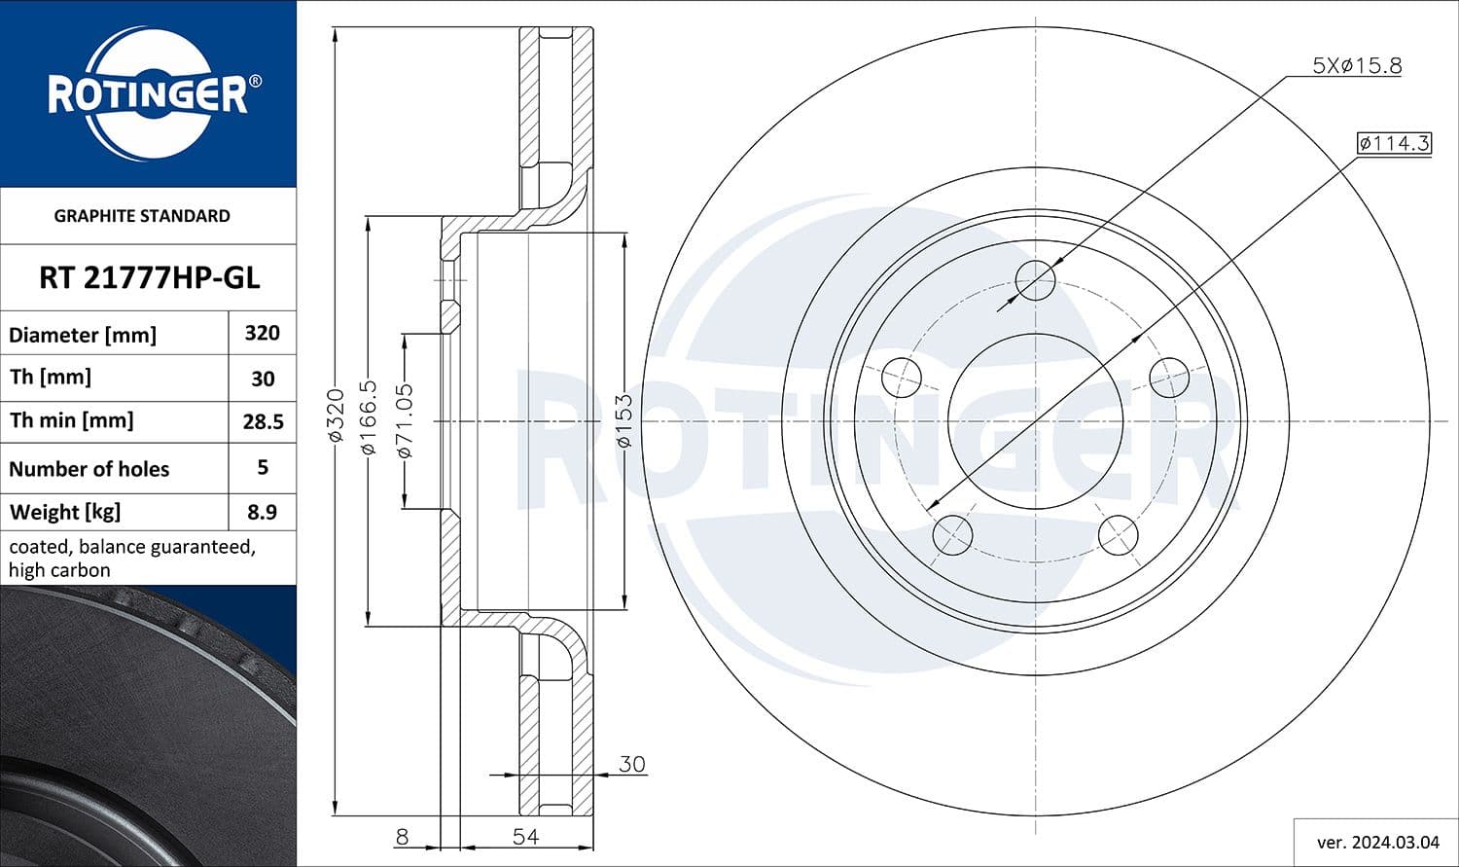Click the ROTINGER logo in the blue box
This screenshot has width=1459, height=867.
148,94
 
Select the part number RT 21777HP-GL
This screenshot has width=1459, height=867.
149,278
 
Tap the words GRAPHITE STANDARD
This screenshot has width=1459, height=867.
142,216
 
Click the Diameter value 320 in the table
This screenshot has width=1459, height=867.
262,334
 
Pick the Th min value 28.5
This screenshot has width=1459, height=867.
262,421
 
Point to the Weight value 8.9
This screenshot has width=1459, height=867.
262,512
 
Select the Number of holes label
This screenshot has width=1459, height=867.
89,469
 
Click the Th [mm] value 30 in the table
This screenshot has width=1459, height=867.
262,379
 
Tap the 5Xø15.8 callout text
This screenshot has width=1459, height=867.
1356,66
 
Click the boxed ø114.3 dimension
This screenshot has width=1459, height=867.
1394,143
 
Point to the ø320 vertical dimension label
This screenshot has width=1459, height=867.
336,415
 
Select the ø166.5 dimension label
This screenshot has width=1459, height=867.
368,417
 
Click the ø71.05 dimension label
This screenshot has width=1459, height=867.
405,420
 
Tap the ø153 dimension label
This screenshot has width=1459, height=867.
623,420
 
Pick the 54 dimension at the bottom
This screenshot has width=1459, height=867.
525,837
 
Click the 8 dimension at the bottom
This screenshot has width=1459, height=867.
401,837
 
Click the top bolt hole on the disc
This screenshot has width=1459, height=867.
1035,280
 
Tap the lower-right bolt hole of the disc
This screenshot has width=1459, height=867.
1118,535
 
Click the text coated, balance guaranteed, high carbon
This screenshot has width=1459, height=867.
131,559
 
